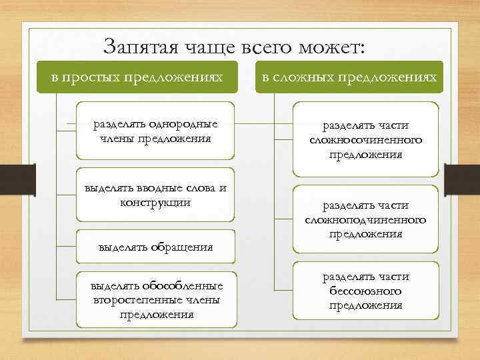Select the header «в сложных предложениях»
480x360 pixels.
point(349,77)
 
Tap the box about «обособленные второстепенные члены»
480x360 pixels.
point(157,299)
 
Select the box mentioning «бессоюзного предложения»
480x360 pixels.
point(365,291)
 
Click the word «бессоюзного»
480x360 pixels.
point(365,291)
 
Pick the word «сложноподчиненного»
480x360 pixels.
point(365,220)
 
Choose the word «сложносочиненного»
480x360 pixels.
point(365,141)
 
